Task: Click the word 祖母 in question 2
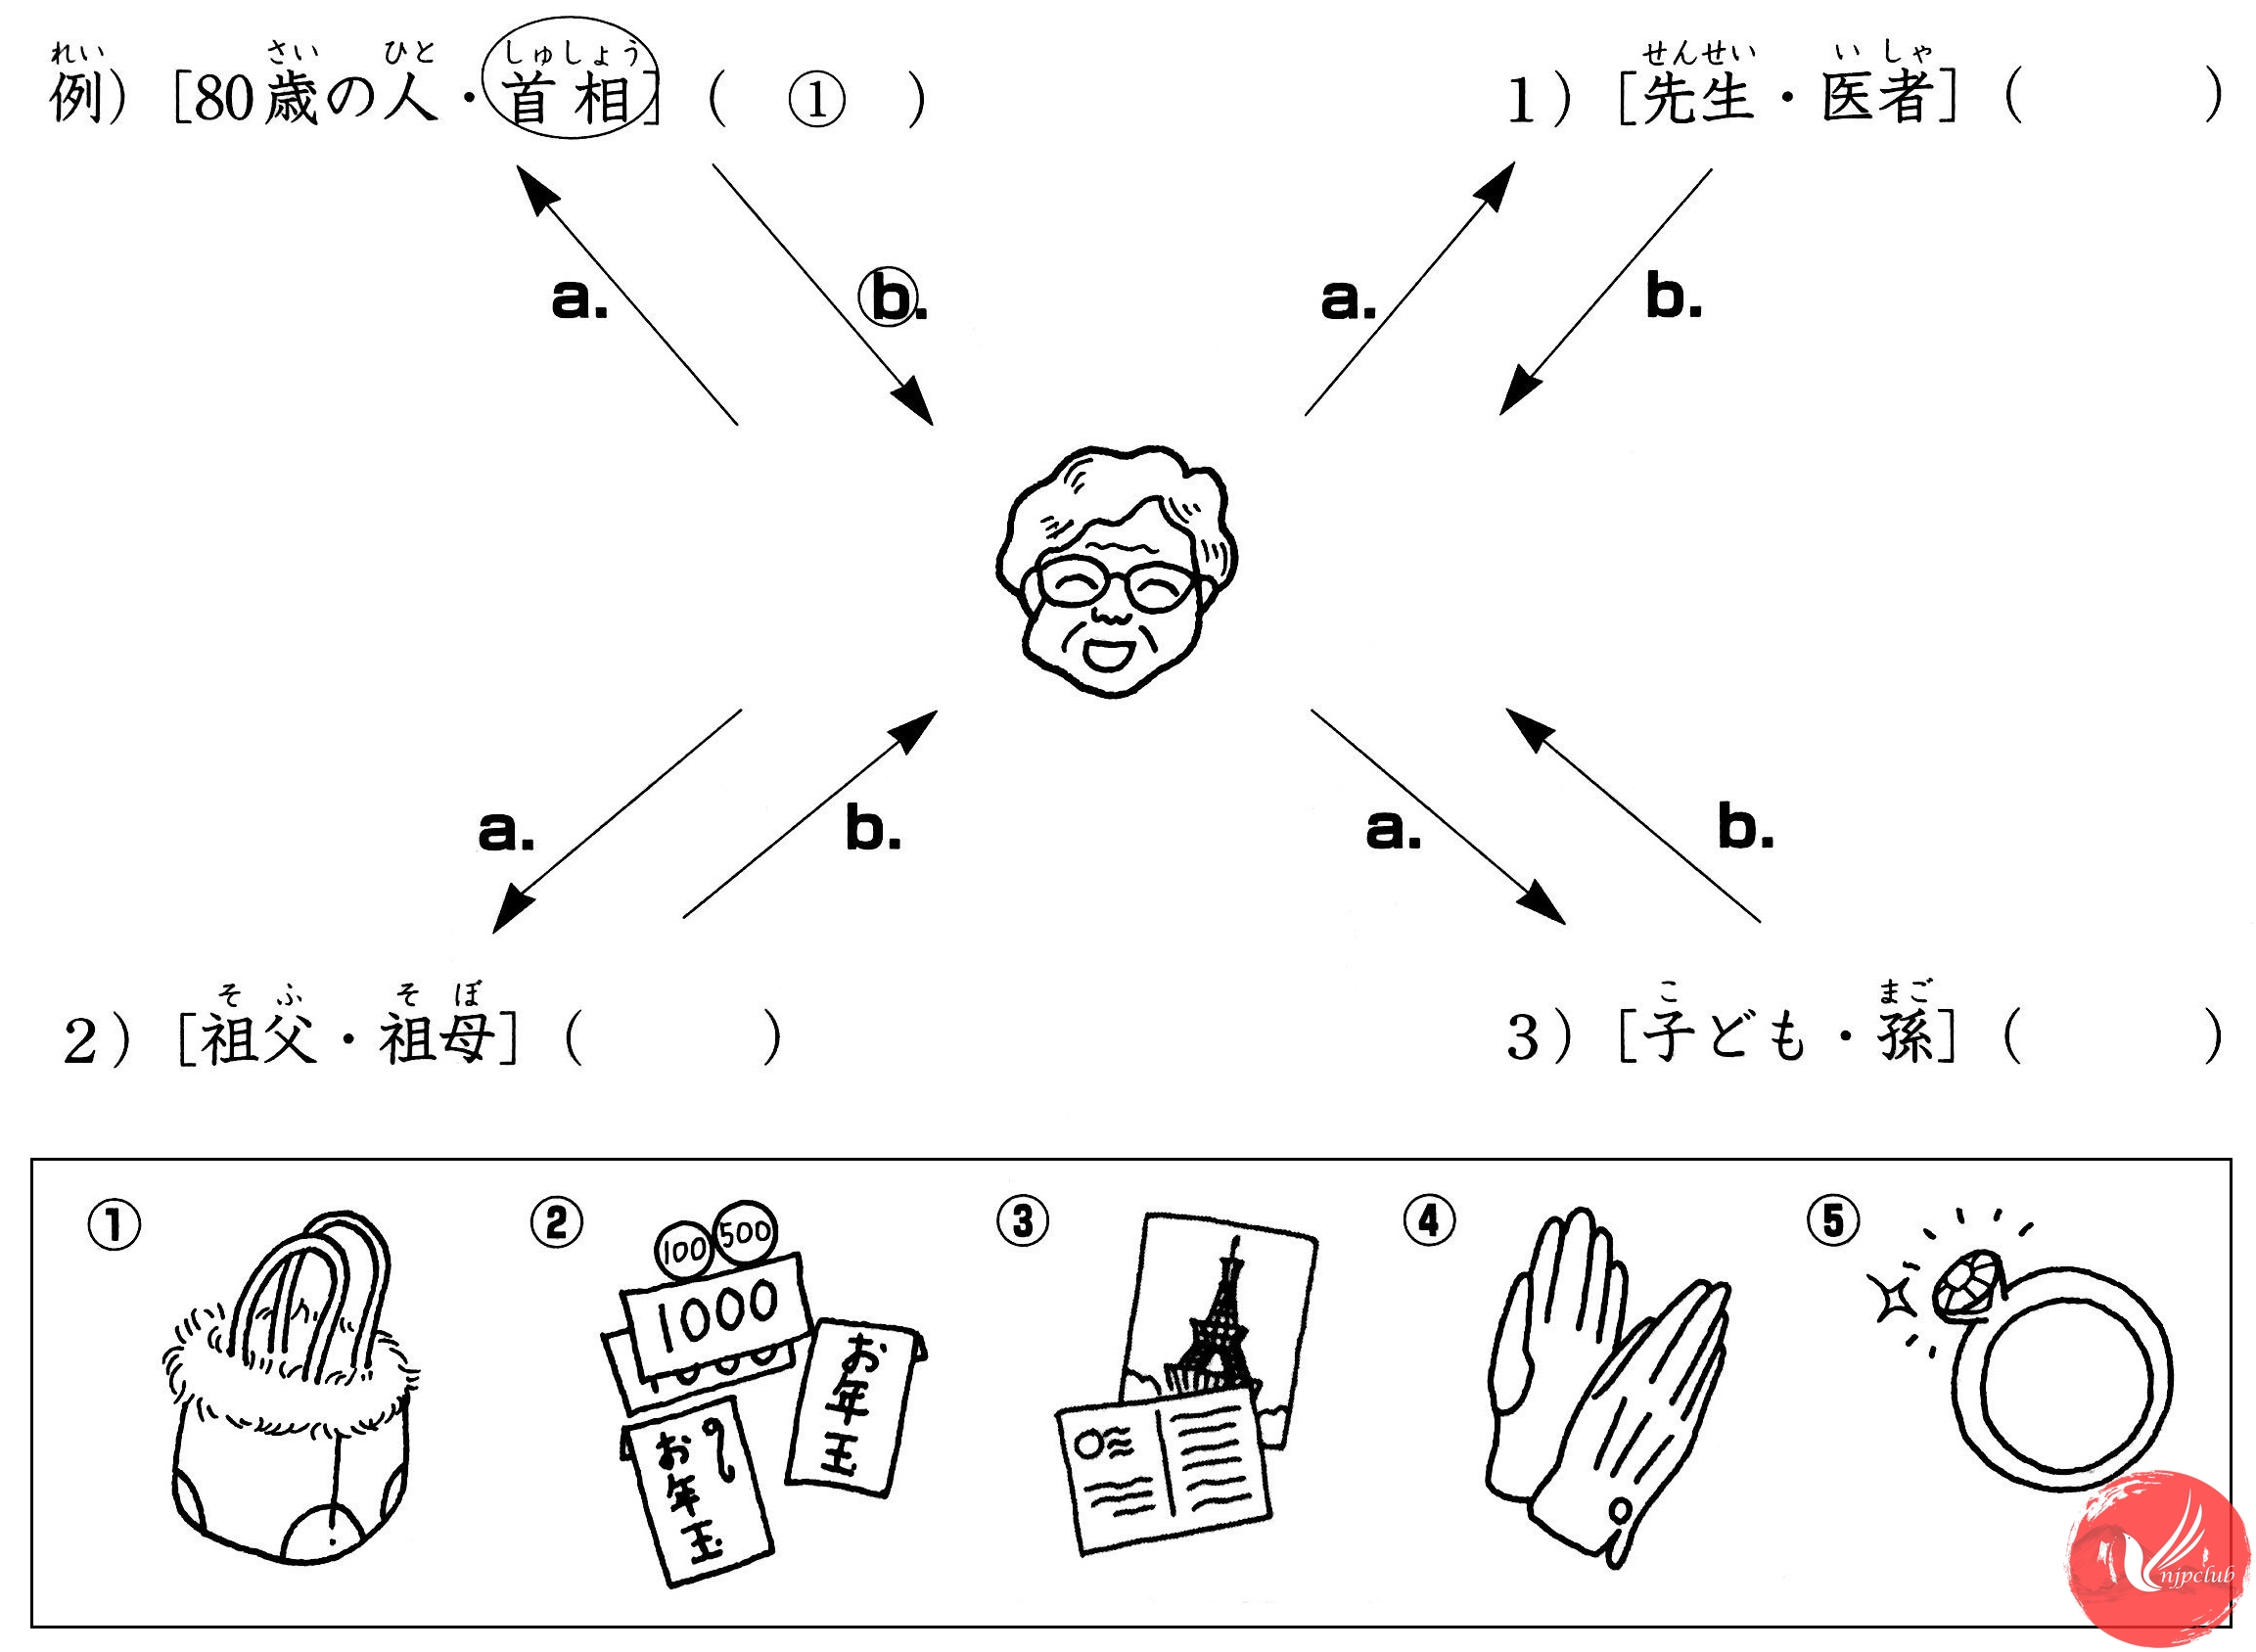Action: (x=436, y=1038)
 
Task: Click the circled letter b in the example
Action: (x=891, y=297)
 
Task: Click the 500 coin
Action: (x=746, y=1231)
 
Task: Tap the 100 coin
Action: (x=684, y=1249)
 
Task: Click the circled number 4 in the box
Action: (x=1429, y=1221)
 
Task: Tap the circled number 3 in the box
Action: (x=1022, y=1221)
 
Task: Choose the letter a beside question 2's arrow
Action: (x=505, y=830)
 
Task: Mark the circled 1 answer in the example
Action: (x=816, y=100)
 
